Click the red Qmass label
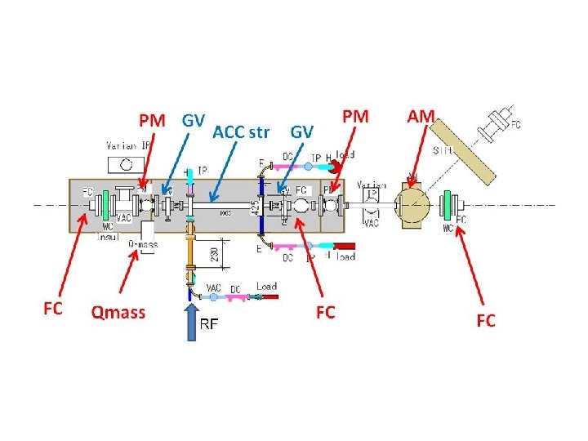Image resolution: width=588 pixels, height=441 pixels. (x=118, y=311)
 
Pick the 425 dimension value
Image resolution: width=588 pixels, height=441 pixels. (x=256, y=208)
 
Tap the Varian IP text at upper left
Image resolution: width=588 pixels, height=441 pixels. (x=128, y=145)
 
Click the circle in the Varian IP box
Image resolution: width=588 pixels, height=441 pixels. (x=126, y=163)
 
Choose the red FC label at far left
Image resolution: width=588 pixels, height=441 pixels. (x=52, y=308)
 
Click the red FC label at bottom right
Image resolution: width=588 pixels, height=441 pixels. (x=485, y=320)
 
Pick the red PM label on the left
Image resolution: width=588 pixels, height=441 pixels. (x=152, y=121)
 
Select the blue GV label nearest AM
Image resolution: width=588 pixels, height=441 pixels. (x=301, y=131)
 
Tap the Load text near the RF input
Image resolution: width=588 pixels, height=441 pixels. (x=266, y=287)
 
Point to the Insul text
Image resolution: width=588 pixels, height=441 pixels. (x=109, y=236)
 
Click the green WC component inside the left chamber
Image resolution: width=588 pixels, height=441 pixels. (x=107, y=204)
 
